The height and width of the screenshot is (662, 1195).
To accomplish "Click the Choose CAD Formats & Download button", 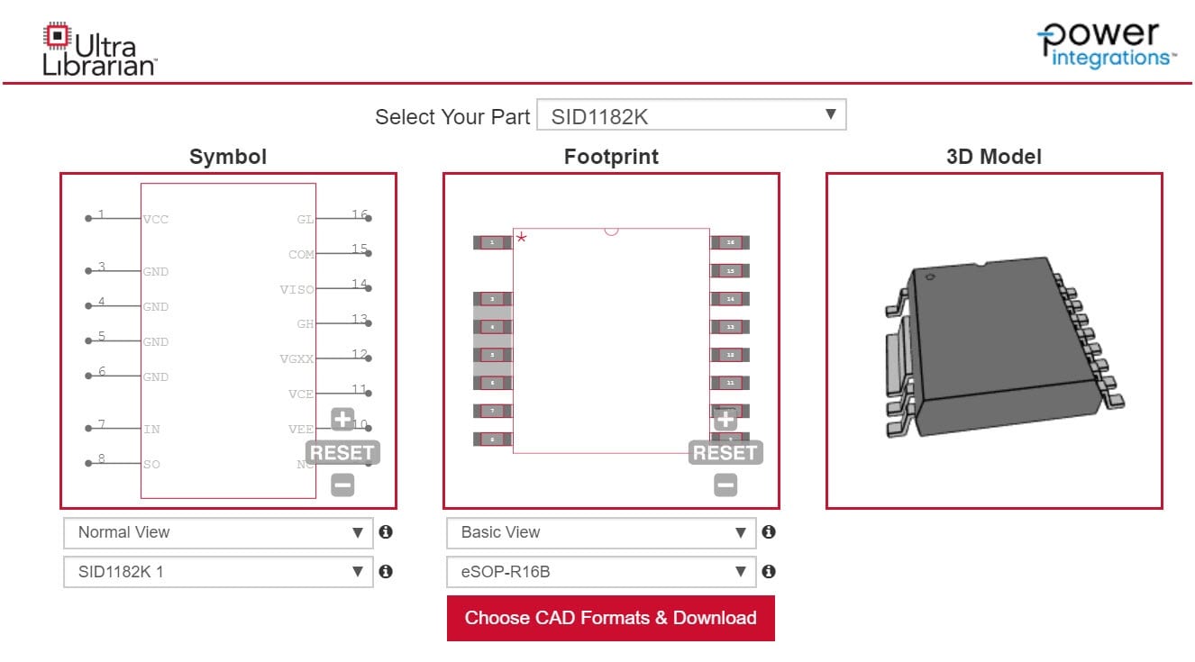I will click(610, 618).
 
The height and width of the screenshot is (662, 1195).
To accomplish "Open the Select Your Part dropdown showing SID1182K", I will click(691, 115).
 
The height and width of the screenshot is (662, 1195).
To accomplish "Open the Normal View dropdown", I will click(218, 532).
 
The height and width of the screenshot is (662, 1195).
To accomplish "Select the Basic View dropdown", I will click(601, 532).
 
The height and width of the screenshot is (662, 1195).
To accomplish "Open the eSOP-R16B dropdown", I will click(601, 571).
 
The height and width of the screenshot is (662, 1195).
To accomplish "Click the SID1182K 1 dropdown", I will click(218, 571).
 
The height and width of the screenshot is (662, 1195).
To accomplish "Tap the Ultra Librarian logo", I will click(99, 49).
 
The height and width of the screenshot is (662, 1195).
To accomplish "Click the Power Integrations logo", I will click(1108, 44).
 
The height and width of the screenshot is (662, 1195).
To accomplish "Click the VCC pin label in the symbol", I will click(156, 219).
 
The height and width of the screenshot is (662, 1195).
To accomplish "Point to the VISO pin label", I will click(297, 289).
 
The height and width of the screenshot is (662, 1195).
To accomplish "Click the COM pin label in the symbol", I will click(301, 254).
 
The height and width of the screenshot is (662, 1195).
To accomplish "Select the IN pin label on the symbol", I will click(151, 429).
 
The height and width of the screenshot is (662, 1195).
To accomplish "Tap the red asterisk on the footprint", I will click(521, 238).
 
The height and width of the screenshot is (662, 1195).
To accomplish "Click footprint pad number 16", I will click(729, 242).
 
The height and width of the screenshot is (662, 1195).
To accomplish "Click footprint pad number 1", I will click(492, 242).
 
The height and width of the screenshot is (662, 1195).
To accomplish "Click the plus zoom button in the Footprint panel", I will click(725, 419).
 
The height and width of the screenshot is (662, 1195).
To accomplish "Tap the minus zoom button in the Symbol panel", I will click(342, 485).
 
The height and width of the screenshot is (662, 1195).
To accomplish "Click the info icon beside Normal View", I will click(386, 532).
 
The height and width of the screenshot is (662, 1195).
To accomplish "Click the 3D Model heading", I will click(993, 157).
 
